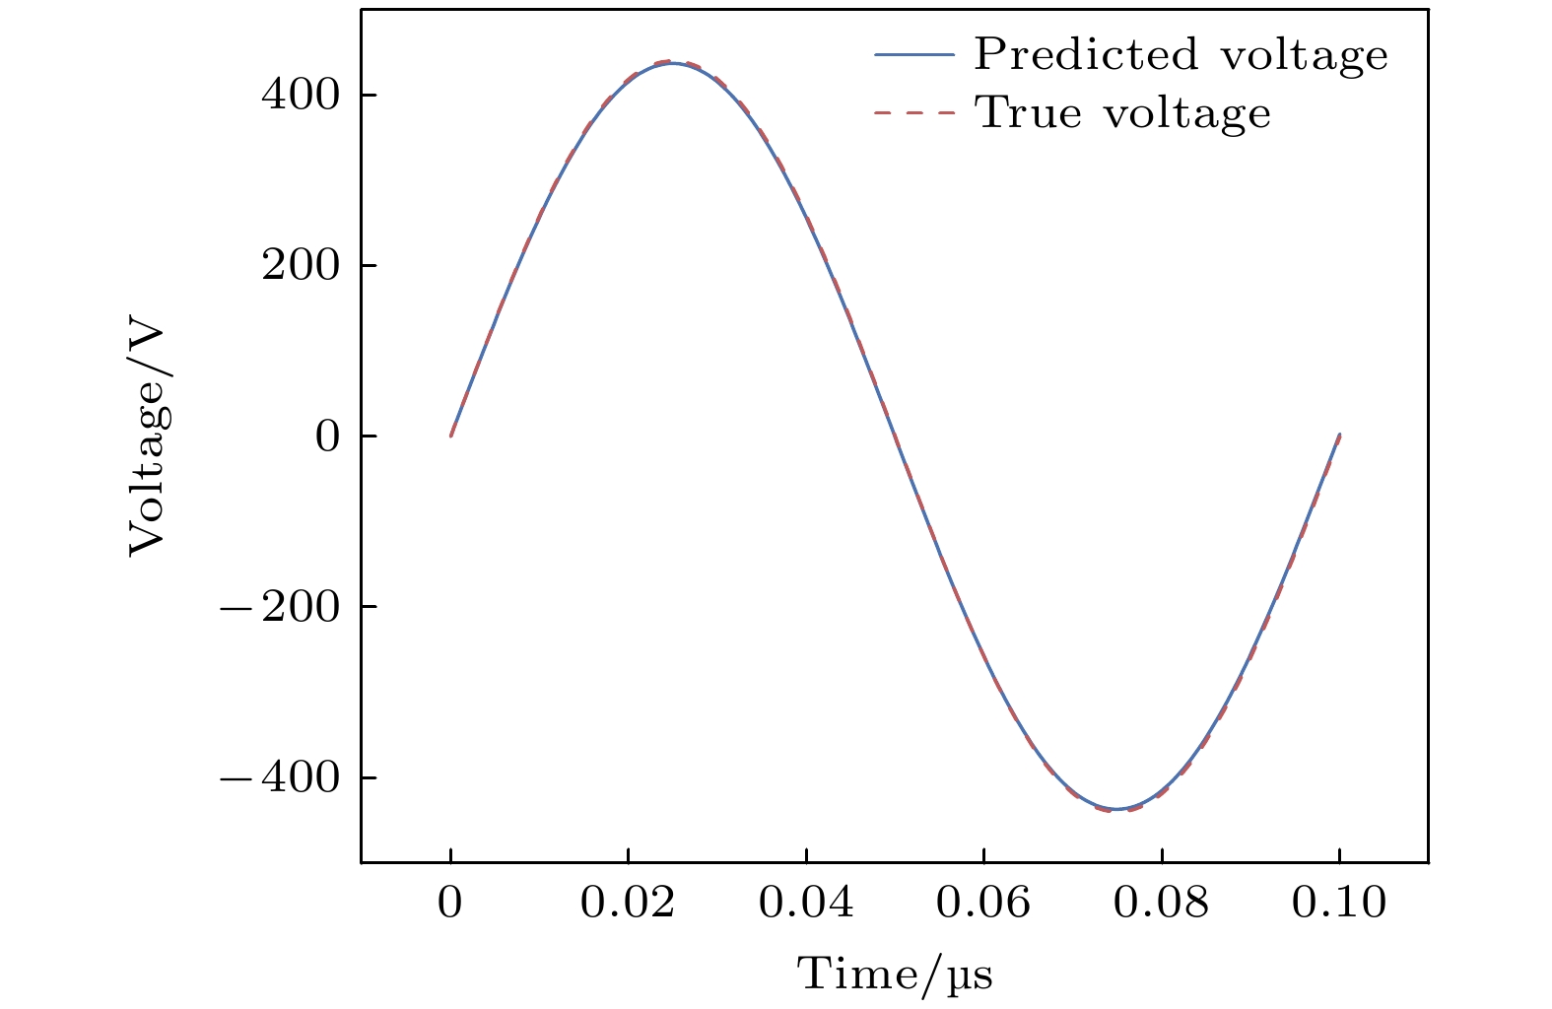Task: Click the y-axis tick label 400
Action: click(300, 96)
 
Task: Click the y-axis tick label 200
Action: click(300, 266)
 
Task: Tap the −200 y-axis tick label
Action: click(279, 607)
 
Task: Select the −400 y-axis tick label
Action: click(279, 777)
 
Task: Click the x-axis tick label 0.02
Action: click(628, 903)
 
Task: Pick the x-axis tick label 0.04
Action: click(806, 903)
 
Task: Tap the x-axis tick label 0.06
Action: click(983, 903)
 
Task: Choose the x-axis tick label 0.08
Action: click(1162, 903)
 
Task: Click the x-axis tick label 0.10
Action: click(1339, 903)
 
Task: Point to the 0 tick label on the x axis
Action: click(450, 903)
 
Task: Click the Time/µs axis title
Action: click(895, 975)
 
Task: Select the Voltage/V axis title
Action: click(149, 437)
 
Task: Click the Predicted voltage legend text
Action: click(1181, 55)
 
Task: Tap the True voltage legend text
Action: click(1122, 113)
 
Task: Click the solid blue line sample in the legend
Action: click(914, 55)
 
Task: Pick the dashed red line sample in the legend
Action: click(914, 113)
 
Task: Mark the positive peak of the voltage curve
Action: click(672, 62)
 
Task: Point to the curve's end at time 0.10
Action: click(1339, 435)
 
